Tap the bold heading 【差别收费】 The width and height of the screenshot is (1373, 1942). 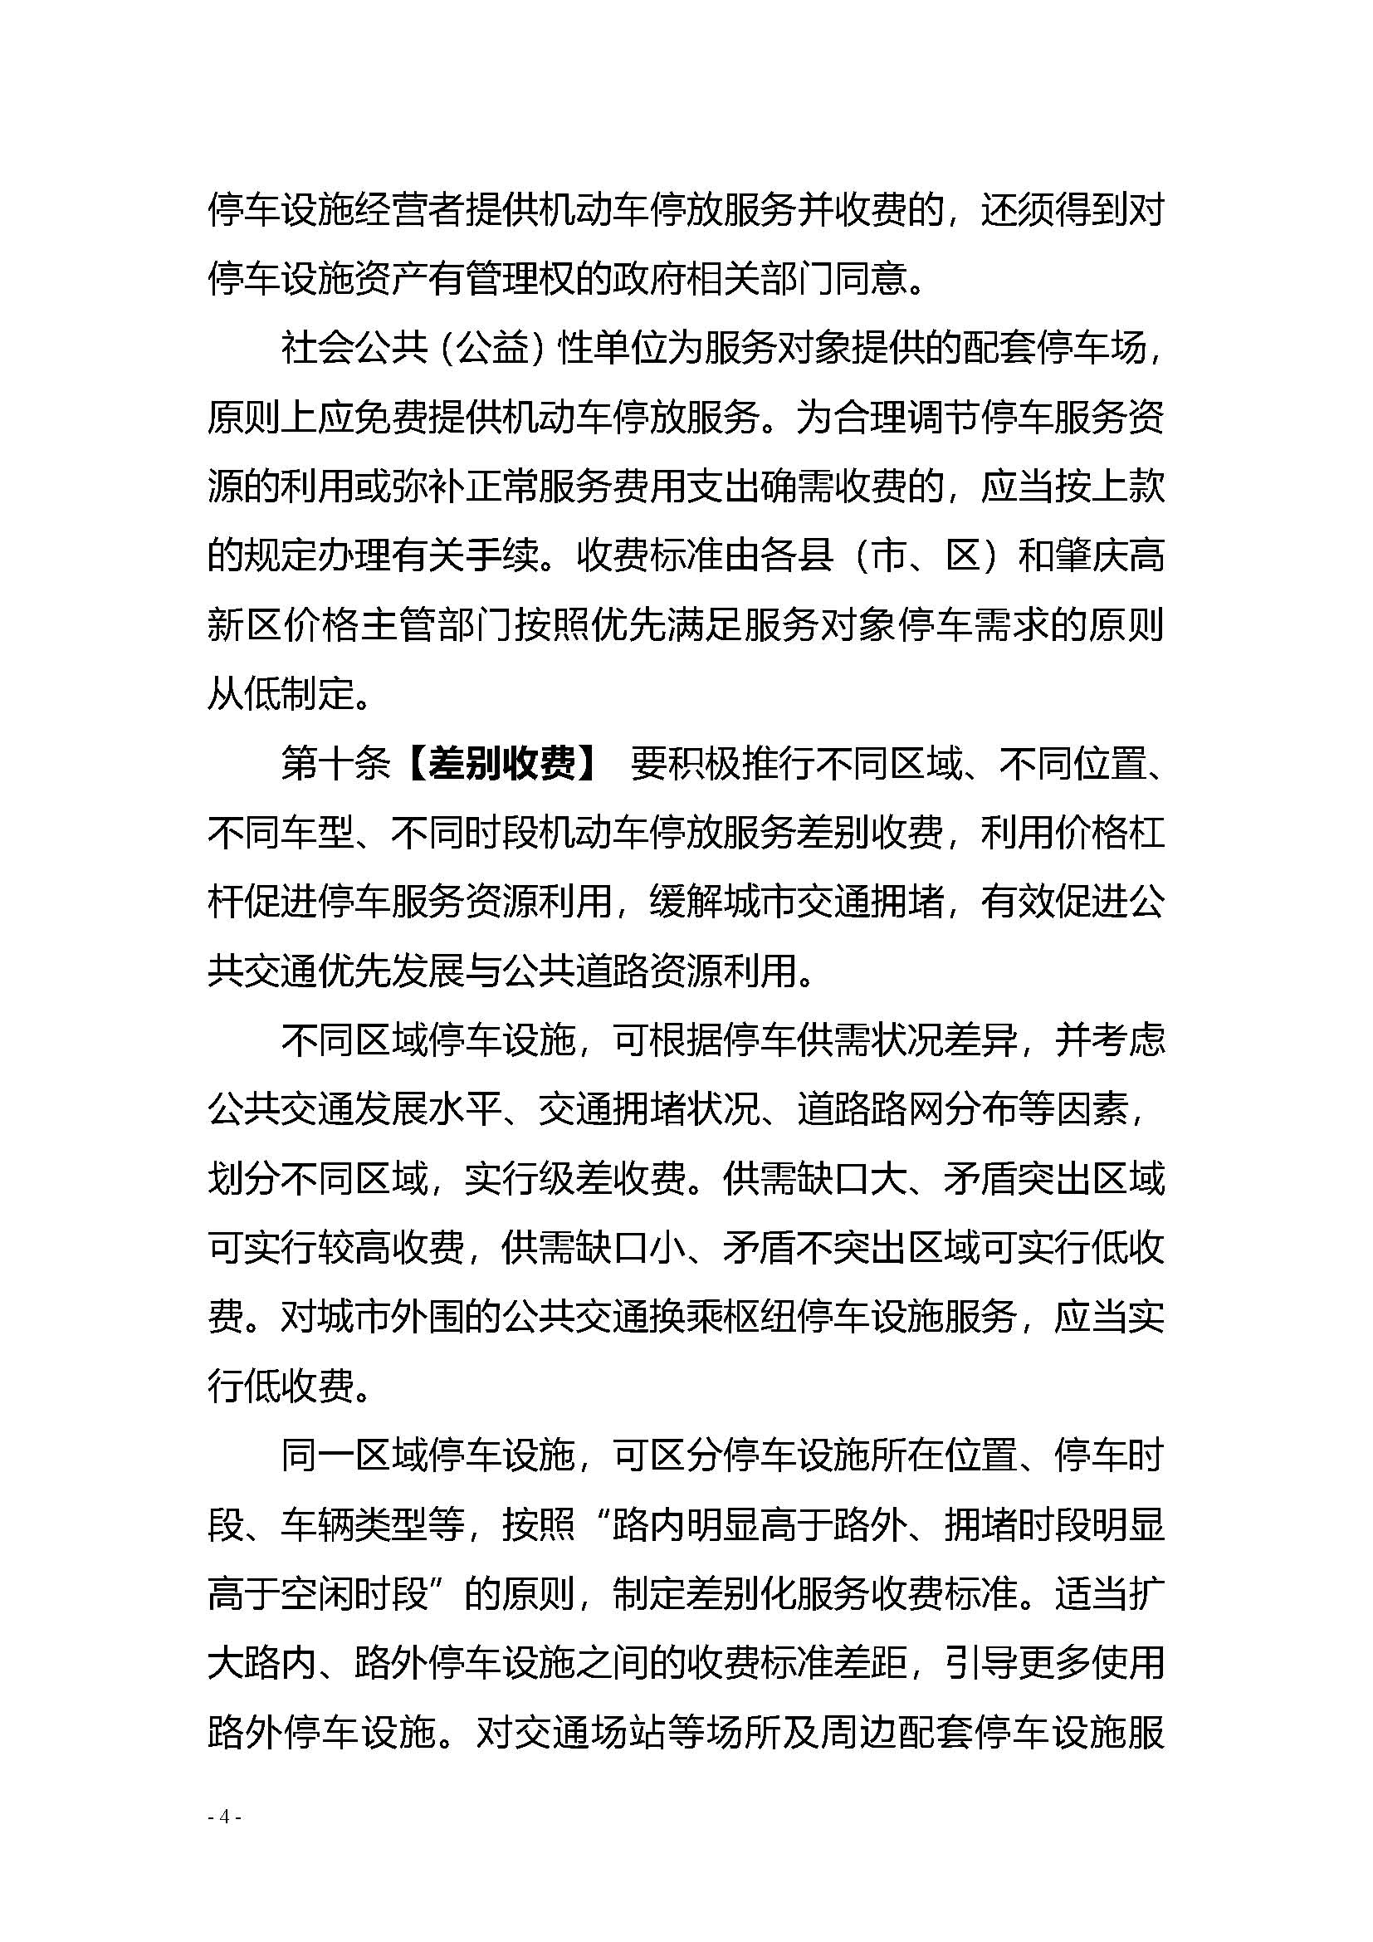[502, 764]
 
